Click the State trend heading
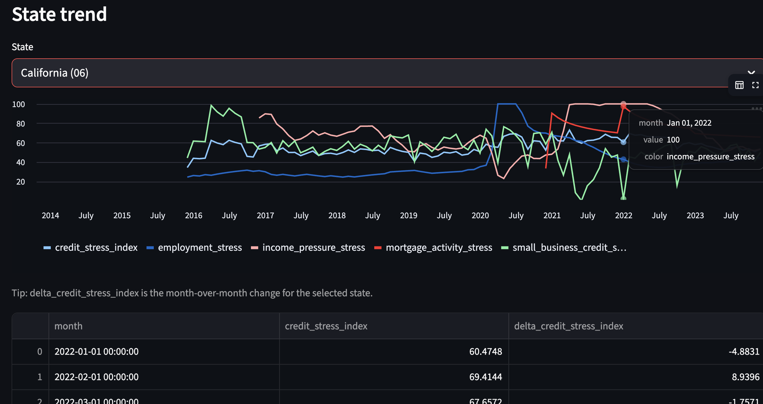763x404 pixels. coord(59,14)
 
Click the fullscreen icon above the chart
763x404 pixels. coord(755,85)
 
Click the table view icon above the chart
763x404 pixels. coord(739,85)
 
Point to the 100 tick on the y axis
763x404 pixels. coord(18,104)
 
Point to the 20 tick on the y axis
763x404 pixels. coord(20,182)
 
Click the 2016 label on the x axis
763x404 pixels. coord(194,215)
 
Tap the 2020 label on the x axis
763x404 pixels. coord(480,215)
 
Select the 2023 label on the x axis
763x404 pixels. coord(695,215)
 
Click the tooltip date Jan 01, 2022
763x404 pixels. coord(689,123)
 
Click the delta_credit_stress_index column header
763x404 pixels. coord(568,326)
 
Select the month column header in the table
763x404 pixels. coord(68,326)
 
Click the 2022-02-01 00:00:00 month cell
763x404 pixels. coord(96,377)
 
